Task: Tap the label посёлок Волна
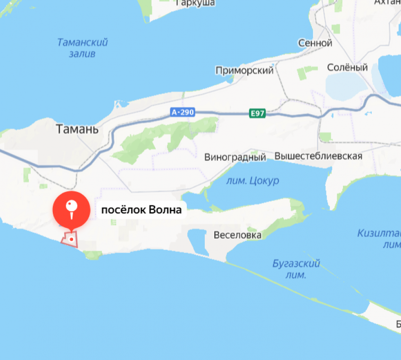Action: tap(141, 210)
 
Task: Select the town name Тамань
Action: tap(77, 129)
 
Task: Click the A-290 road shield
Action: tap(183, 112)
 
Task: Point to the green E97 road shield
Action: tap(258, 113)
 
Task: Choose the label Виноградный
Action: tap(235, 157)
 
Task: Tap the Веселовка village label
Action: tap(237, 235)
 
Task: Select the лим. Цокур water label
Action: tap(252, 181)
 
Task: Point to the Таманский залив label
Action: tap(83, 48)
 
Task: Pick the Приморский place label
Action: tap(244, 71)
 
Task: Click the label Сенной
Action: tap(315, 43)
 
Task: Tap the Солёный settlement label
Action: tap(347, 68)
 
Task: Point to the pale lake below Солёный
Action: tap(346, 85)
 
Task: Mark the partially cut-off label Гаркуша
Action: tap(195, 3)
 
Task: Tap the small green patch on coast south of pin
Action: tap(93, 255)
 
